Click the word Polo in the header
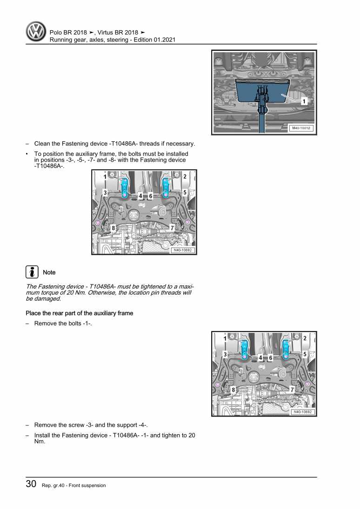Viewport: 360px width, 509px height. pos(56,32)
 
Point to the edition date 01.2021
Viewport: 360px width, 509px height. pos(164,40)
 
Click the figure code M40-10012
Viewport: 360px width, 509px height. pos(301,128)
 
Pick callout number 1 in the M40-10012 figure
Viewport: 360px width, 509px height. pos(304,101)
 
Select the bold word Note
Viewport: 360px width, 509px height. pos(49,272)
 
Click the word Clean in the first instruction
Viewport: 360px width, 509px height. pos(42,144)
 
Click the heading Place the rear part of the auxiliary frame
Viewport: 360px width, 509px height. pos(79,313)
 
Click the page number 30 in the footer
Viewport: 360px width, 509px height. pos(31,484)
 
